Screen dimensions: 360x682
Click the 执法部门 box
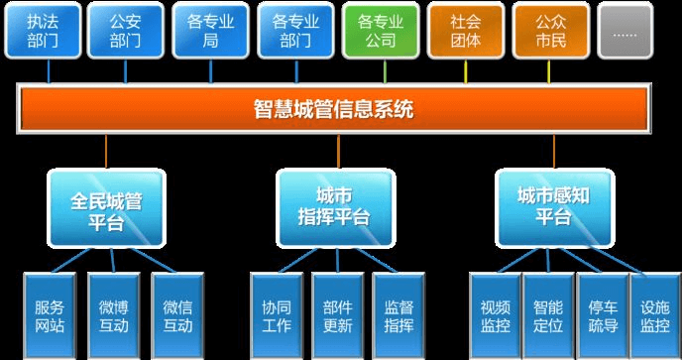pyautogui.click(x=42, y=31)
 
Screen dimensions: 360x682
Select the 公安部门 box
pyautogui.click(x=126, y=31)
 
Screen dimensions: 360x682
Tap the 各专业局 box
pyautogui.click(x=211, y=31)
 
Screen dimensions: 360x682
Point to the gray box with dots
pyautogui.click(x=626, y=31)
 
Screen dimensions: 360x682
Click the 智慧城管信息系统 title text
pyautogui.click(x=334, y=108)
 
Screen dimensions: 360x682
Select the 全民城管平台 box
pyautogui.click(x=106, y=208)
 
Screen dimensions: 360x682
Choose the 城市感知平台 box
pyautogui.click(x=554, y=208)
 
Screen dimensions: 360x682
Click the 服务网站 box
pyautogui.click(x=49, y=315)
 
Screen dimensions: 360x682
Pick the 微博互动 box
pyautogui.click(x=113, y=315)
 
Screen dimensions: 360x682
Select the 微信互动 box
pyautogui.click(x=177, y=315)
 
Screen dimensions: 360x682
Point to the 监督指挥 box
pyautogui.click(x=398, y=315)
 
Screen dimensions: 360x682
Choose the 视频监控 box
pyautogui.click(x=496, y=315)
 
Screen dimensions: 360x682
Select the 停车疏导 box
pyautogui.click(x=602, y=315)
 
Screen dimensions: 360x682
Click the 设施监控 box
pyautogui.click(x=654, y=315)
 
